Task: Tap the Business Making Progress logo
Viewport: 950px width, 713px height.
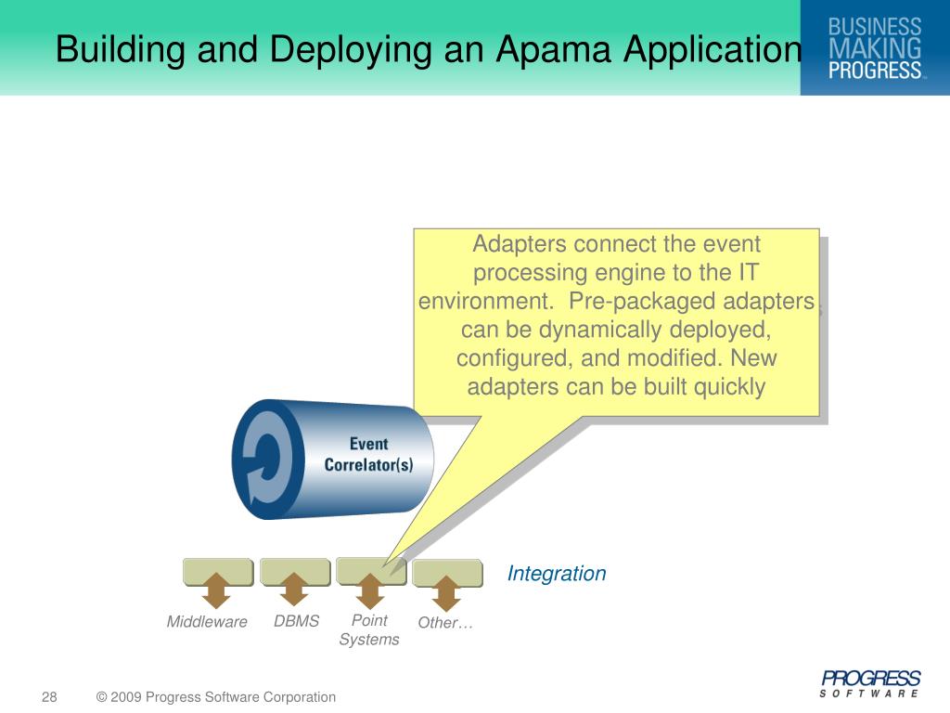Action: [x=875, y=47]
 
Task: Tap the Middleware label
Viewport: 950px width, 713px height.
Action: [x=207, y=622]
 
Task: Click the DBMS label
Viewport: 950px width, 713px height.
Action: [x=296, y=621]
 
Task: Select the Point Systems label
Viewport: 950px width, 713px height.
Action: [x=369, y=629]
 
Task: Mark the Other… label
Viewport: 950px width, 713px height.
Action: [x=445, y=623]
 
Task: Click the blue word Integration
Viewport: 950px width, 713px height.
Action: [x=557, y=574]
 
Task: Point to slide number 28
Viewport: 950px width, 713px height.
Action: [x=49, y=697]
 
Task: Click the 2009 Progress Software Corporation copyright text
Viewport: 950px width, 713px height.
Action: [x=216, y=697]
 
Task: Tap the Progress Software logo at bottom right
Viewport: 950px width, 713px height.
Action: [x=870, y=683]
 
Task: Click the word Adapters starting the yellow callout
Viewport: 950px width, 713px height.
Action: [x=520, y=245]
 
